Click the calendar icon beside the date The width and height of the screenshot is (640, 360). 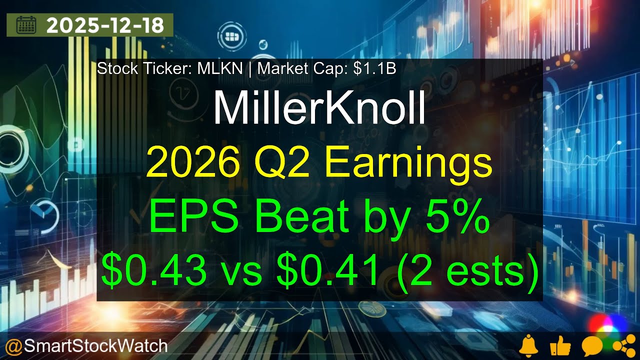click(x=26, y=25)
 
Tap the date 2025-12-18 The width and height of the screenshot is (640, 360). click(x=105, y=25)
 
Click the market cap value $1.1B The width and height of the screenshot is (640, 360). click(x=374, y=69)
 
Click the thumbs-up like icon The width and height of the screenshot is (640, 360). click(x=560, y=345)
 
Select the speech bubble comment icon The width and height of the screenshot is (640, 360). click(x=591, y=345)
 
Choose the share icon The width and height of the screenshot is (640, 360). click(x=621, y=345)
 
